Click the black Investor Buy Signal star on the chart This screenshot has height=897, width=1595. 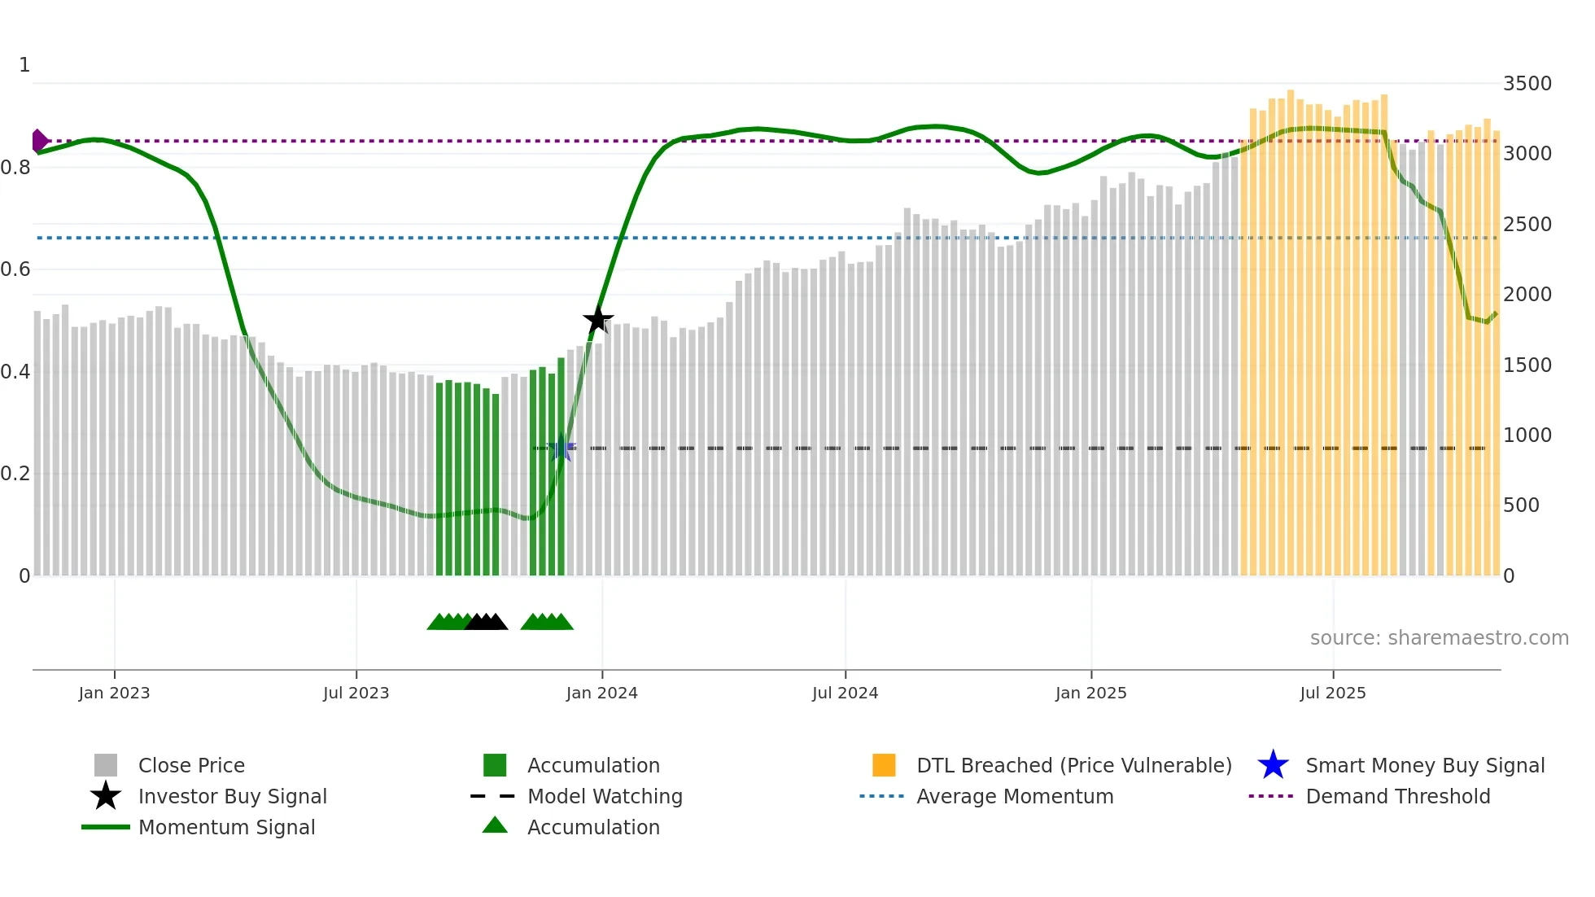(x=598, y=319)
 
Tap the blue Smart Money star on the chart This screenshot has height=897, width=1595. (x=561, y=448)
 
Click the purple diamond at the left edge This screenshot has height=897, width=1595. (x=38, y=141)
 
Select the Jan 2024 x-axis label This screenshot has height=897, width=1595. (x=601, y=693)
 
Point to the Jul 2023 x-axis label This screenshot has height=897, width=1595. (x=356, y=693)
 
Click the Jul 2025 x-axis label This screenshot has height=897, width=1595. (x=1332, y=693)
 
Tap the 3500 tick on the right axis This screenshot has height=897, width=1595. (x=1527, y=84)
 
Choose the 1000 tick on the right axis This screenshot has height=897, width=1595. (x=1527, y=435)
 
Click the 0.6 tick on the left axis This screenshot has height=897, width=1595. (x=15, y=269)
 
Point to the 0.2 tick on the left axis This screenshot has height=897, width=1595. (x=15, y=474)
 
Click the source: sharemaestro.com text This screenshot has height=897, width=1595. (x=1439, y=638)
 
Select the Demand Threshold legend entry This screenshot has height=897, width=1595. (x=1397, y=796)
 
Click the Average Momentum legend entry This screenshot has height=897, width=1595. (x=1014, y=796)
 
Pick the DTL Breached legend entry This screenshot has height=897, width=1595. (x=1073, y=765)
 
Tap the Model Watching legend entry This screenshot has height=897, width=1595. (x=604, y=796)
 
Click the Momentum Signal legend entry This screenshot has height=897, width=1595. (x=226, y=827)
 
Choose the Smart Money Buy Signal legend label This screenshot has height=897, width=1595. (x=1424, y=765)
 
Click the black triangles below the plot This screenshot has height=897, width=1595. (x=487, y=622)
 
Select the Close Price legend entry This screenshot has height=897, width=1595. (x=190, y=765)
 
